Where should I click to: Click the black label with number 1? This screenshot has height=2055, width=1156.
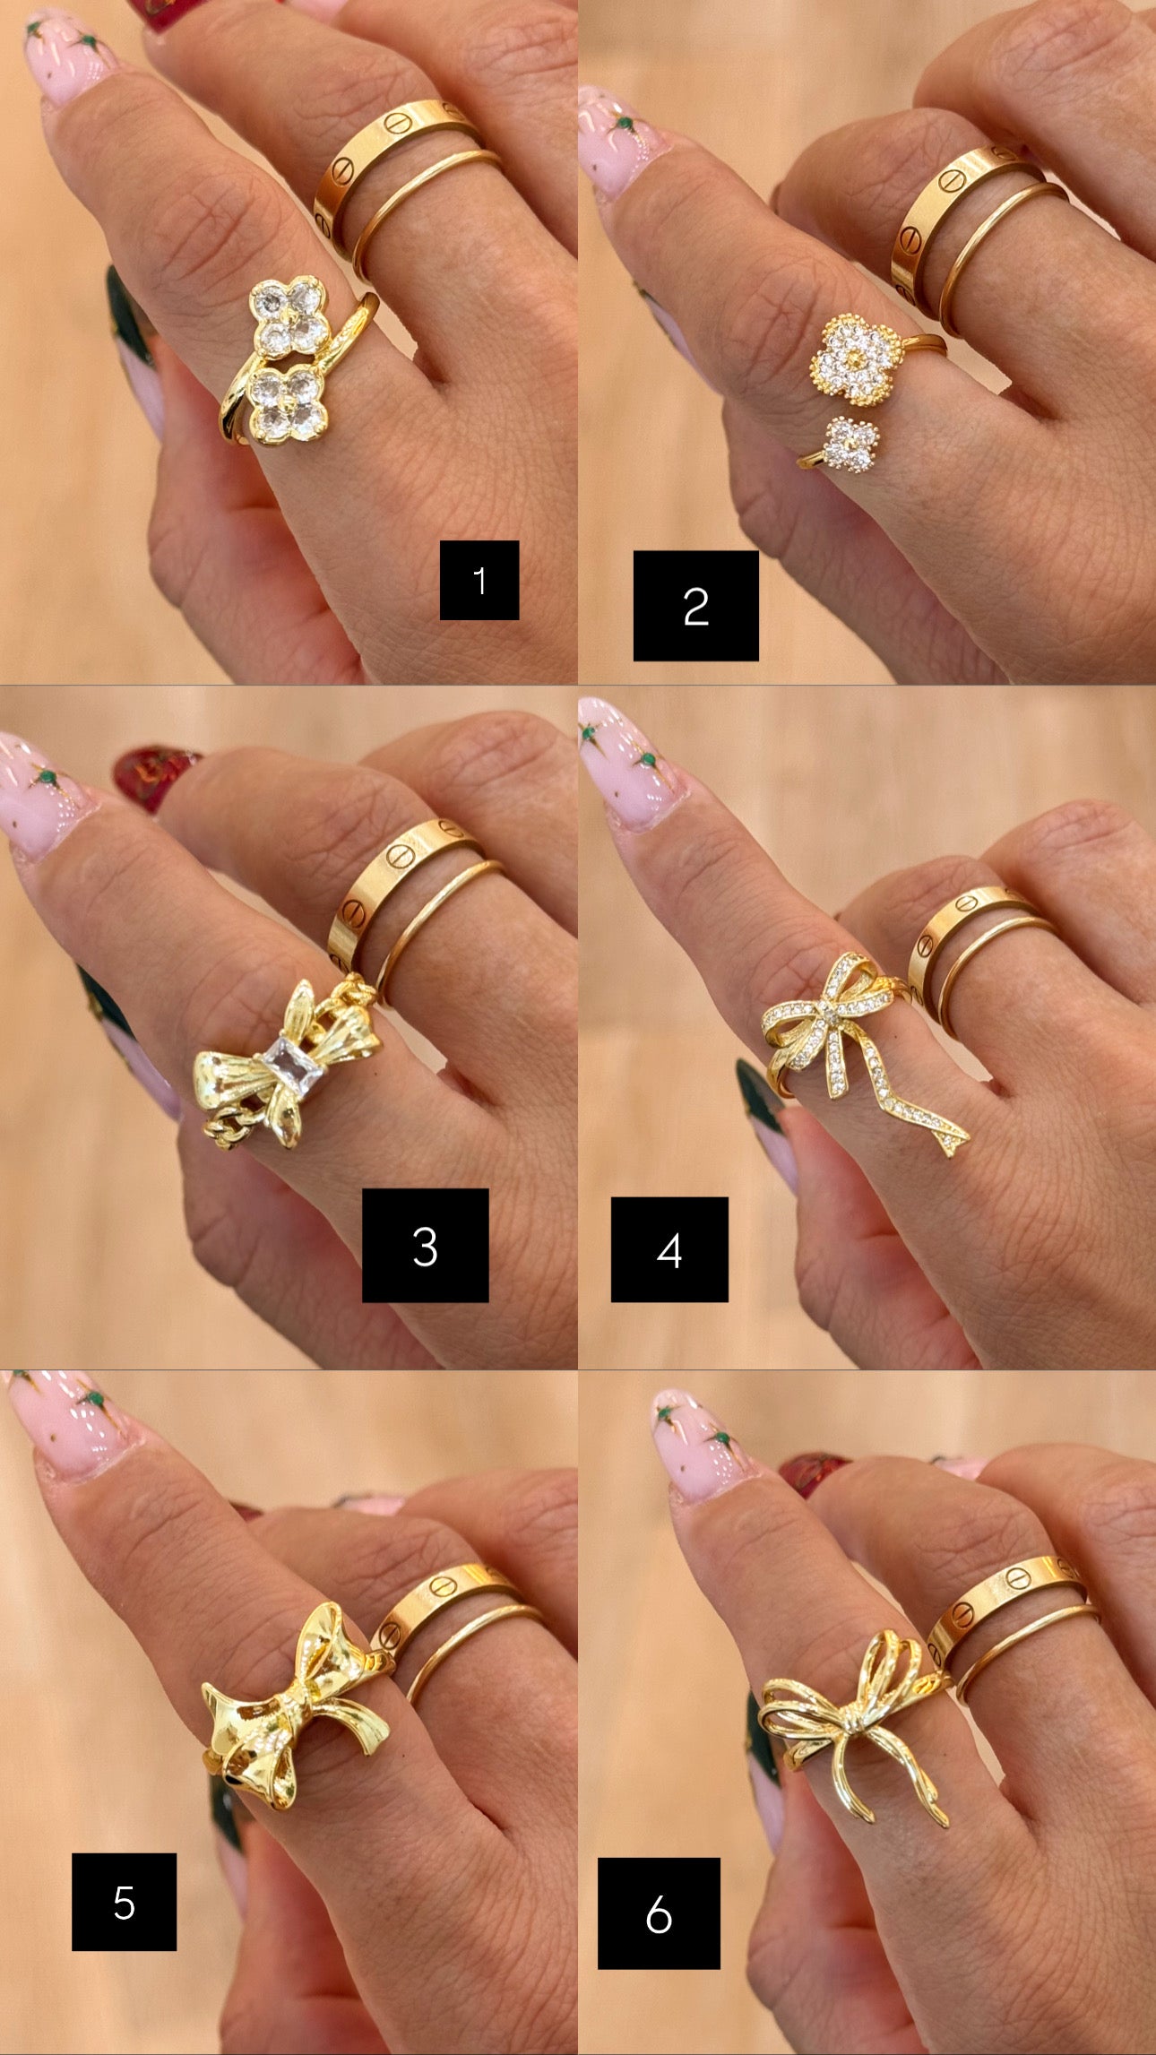pyautogui.click(x=479, y=580)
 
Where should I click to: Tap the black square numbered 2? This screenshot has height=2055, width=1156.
pyautogui.click(x=695, y=606)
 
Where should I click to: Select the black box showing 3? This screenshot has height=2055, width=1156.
pyautogui.click(x=425, y=1245)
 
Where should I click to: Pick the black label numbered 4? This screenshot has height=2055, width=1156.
pyautogui.click(x=669, y=1249)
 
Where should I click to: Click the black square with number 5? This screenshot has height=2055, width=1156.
pyautogui.click(x=124, y=1902)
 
